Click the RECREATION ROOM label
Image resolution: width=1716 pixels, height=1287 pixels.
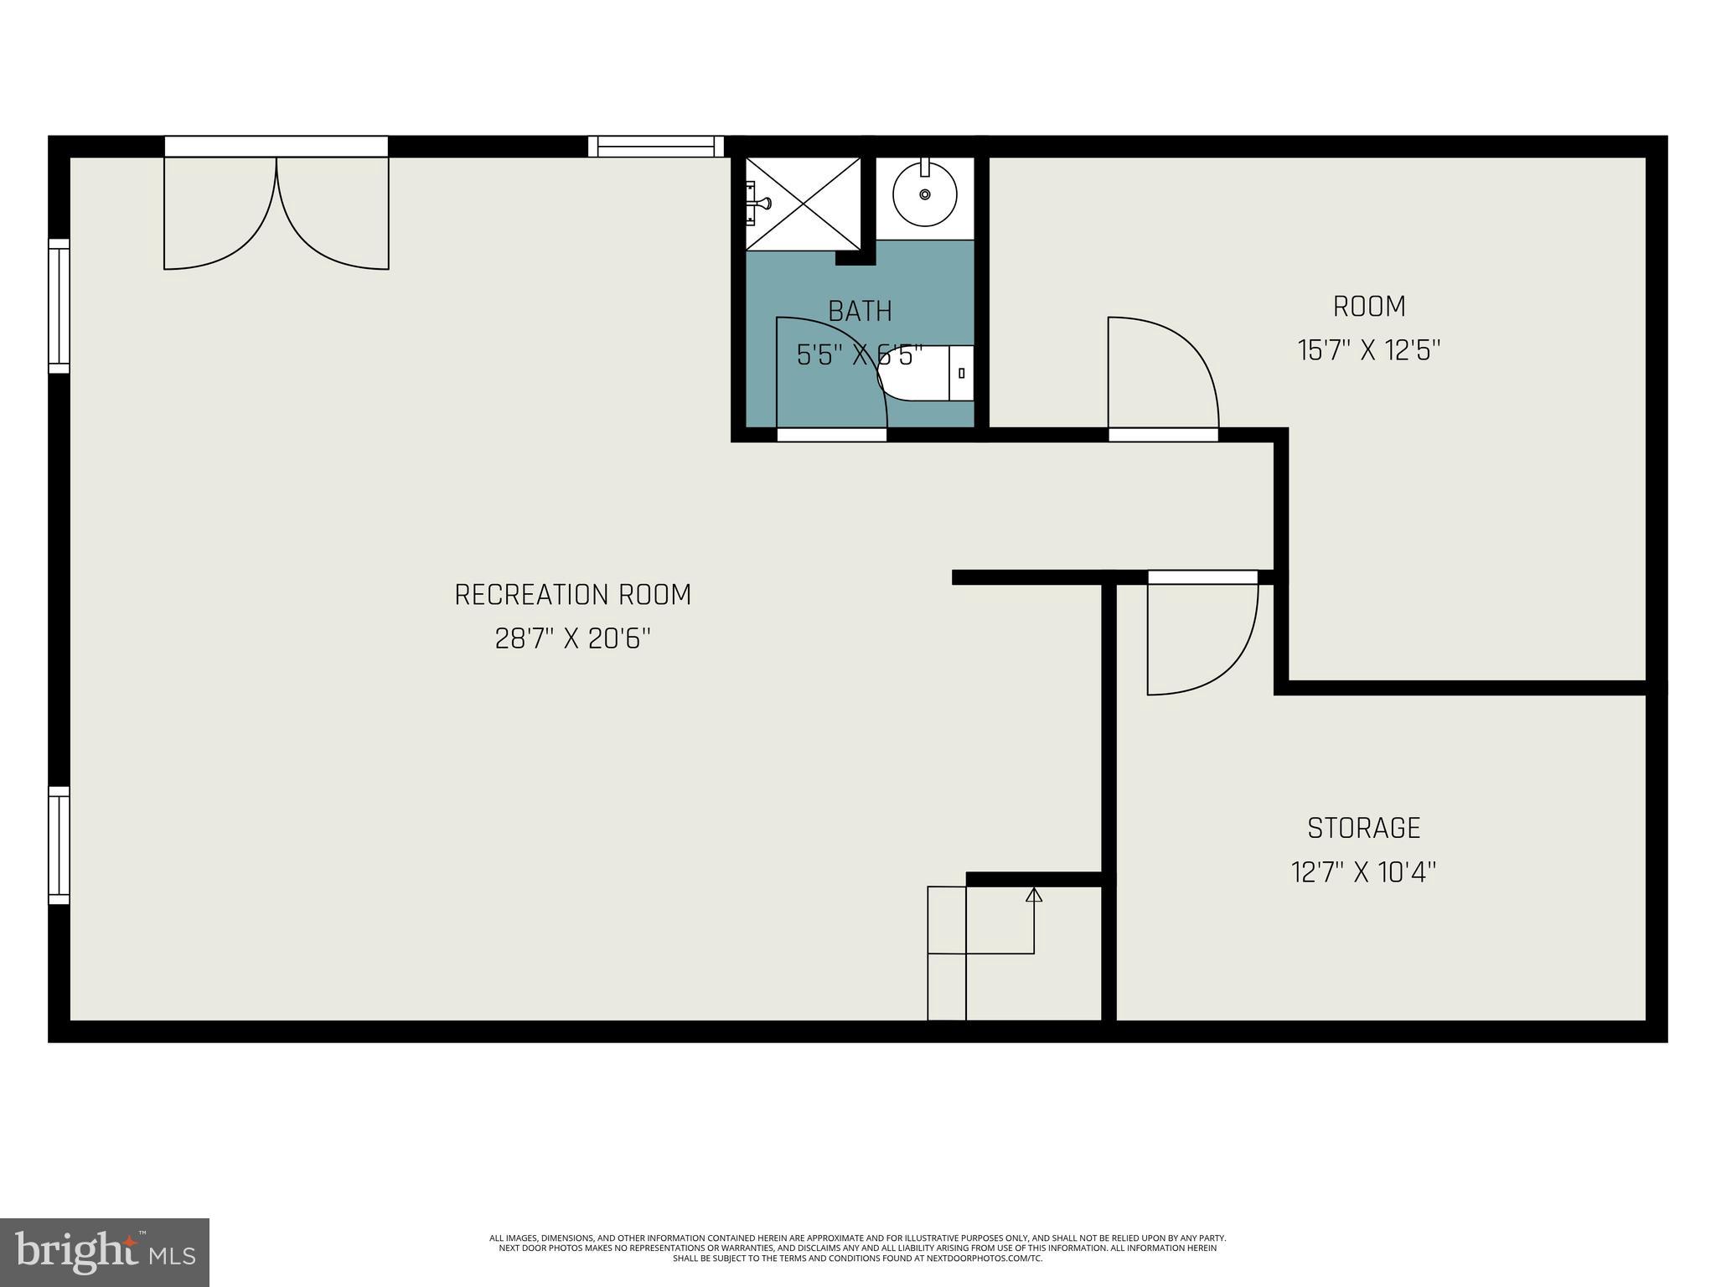[x=572, y=595]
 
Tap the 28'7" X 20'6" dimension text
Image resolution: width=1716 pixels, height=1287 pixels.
[x=572, y=639]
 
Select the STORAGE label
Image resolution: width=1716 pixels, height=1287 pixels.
[x=1363, y=828]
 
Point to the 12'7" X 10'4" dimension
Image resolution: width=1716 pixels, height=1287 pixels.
[x=1363, y=872]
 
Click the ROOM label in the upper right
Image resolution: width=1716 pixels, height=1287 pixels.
[x=1368, y=307]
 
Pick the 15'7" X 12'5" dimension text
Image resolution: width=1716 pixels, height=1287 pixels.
[x=1368, y=350]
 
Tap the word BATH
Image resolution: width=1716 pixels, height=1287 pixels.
[x=860, y=311]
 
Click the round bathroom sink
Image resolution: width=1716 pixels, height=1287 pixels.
[x=924, y=194]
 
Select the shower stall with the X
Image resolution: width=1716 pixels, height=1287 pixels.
[x=803, y=204]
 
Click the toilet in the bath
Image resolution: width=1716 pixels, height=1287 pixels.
[x=930, y=373]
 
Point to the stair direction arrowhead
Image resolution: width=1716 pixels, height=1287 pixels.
[x=1034, y=895]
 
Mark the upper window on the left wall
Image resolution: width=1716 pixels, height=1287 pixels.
[x=59, y=306]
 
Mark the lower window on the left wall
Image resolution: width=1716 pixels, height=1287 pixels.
[x=59, y=845]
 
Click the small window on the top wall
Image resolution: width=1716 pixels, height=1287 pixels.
[x=655, y=147]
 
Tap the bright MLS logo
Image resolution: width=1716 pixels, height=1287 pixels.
[x=105, y=1252]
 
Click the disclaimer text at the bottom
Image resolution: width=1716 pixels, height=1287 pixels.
[x=857, y=1248]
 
